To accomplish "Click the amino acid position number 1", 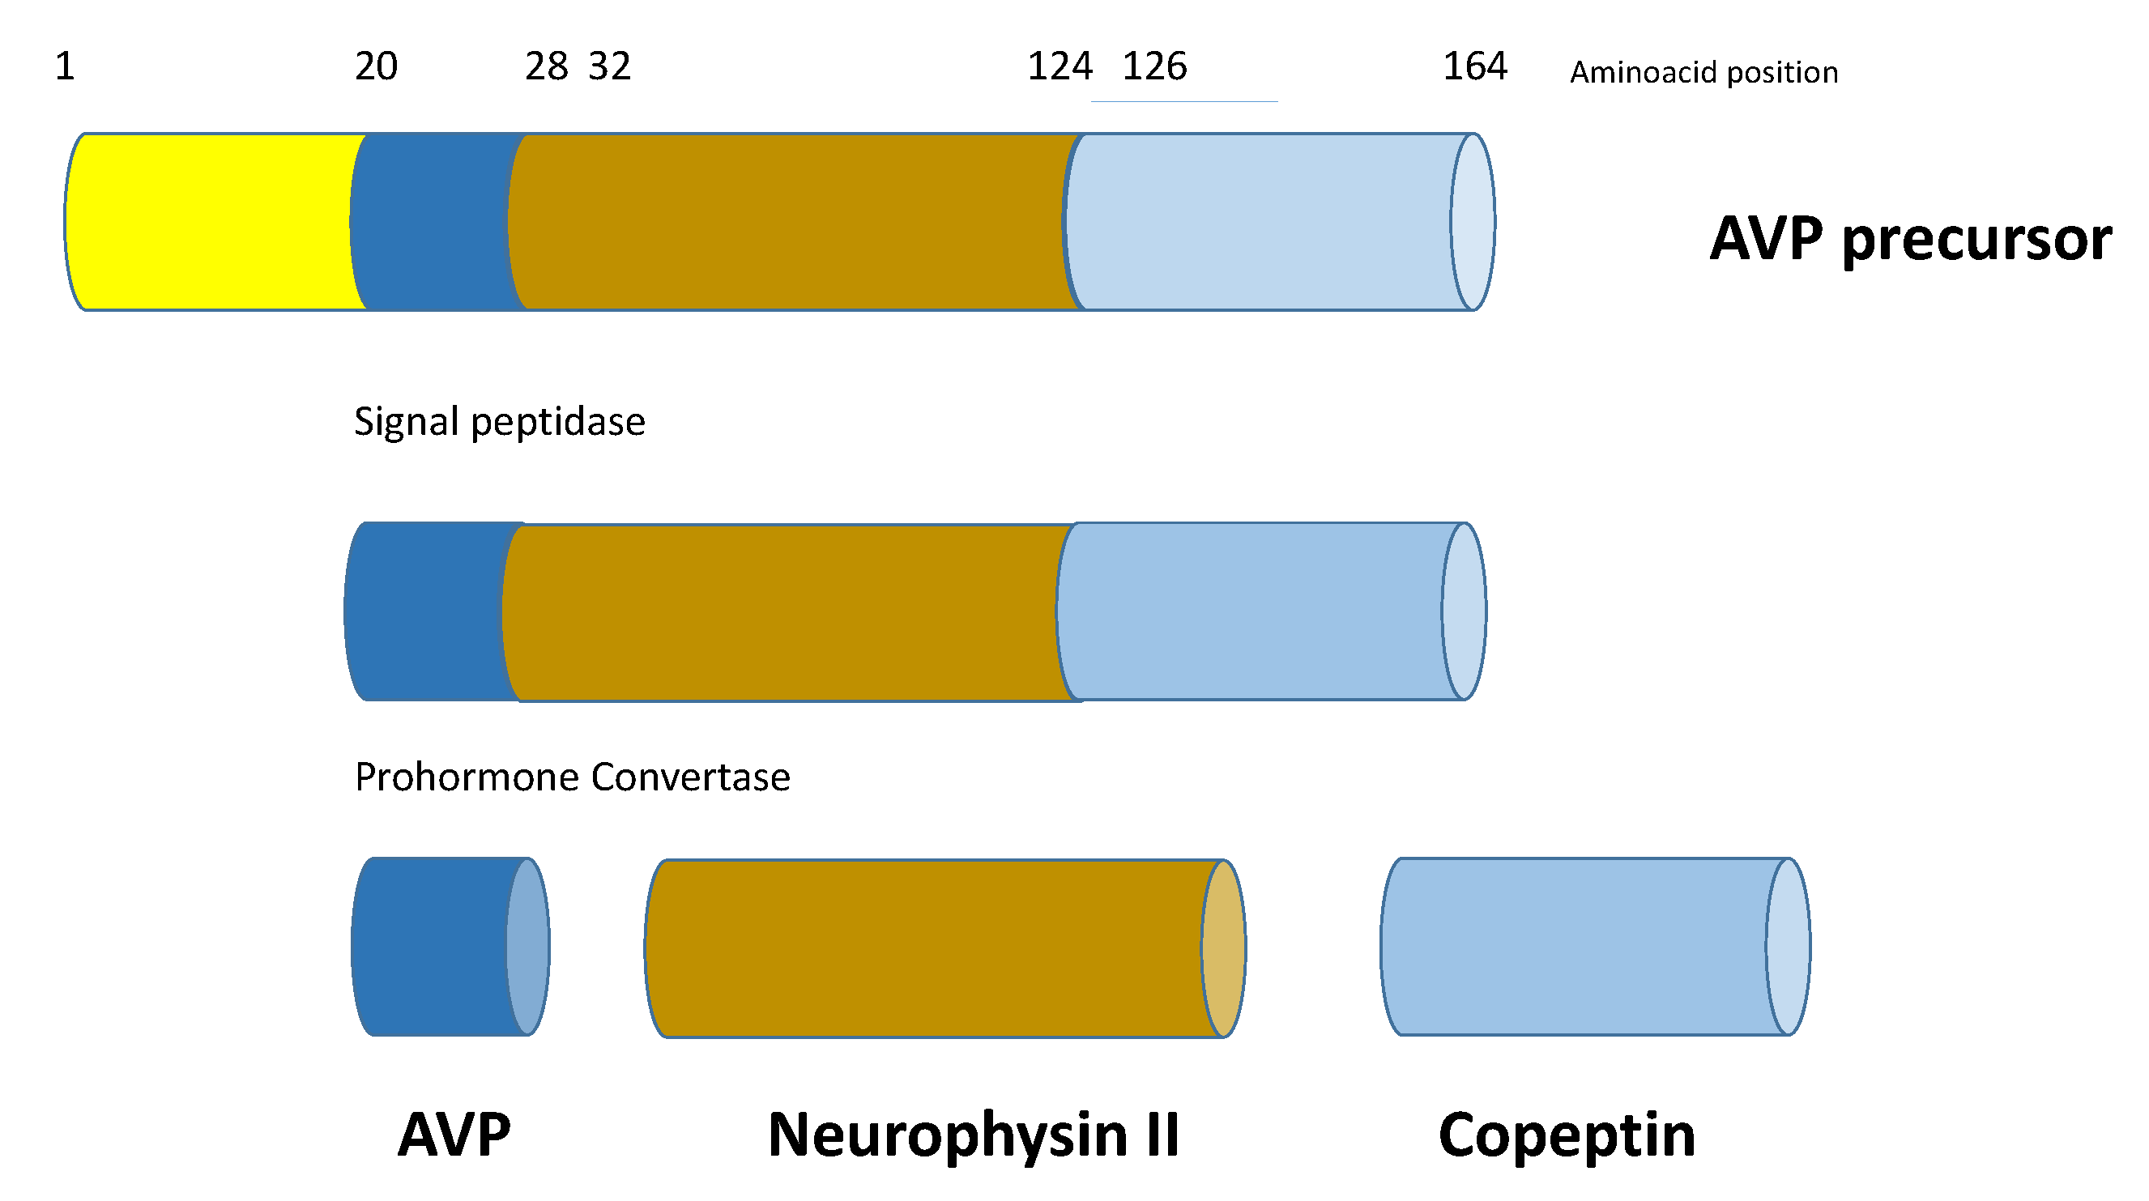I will [x=65, y=66].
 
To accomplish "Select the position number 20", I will [x=376, y=66].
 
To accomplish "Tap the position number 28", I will [x=547, y=66].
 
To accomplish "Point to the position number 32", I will [x=610, y=66].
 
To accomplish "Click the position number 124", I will [x=1060, y=66].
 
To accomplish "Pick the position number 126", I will [x=1154, y=66].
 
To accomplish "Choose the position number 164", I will [x=1475, y=66].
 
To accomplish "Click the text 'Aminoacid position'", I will [x=1703, y=73].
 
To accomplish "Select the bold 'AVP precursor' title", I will [x=1910, y=240].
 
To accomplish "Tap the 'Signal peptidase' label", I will [x=499, y=422].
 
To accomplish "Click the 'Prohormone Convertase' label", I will [x=573, y=777].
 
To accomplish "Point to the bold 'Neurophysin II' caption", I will [x=974, y=1135].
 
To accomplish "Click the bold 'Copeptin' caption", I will [x=1567, y=1135].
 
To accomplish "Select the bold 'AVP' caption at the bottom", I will [x=454, y=1135].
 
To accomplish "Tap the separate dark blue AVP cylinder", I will [x=434, y=947].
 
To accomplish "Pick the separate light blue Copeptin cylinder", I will [x=1576, y=947].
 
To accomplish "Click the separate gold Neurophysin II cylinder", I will [x=926, y=948].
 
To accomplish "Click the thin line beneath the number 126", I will [x=1183, y=102].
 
